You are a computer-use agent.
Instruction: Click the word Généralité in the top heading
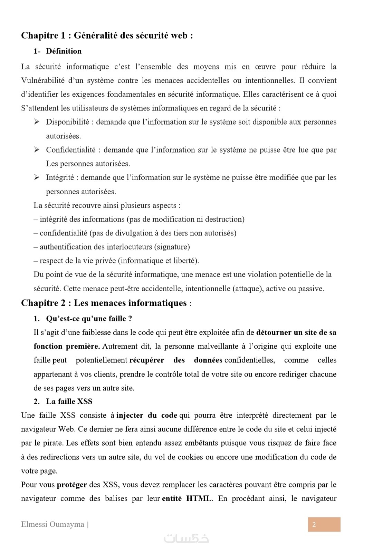point(96,36)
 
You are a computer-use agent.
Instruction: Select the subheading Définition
point(64,51)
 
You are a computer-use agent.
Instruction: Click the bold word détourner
point(274,333)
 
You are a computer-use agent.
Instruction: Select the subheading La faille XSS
point(69,401)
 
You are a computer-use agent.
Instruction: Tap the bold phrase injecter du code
point(147,416)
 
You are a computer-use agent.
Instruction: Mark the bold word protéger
point(72,485)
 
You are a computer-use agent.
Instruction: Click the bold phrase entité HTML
point(187,499)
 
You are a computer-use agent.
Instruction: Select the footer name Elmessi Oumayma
point(52,525)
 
